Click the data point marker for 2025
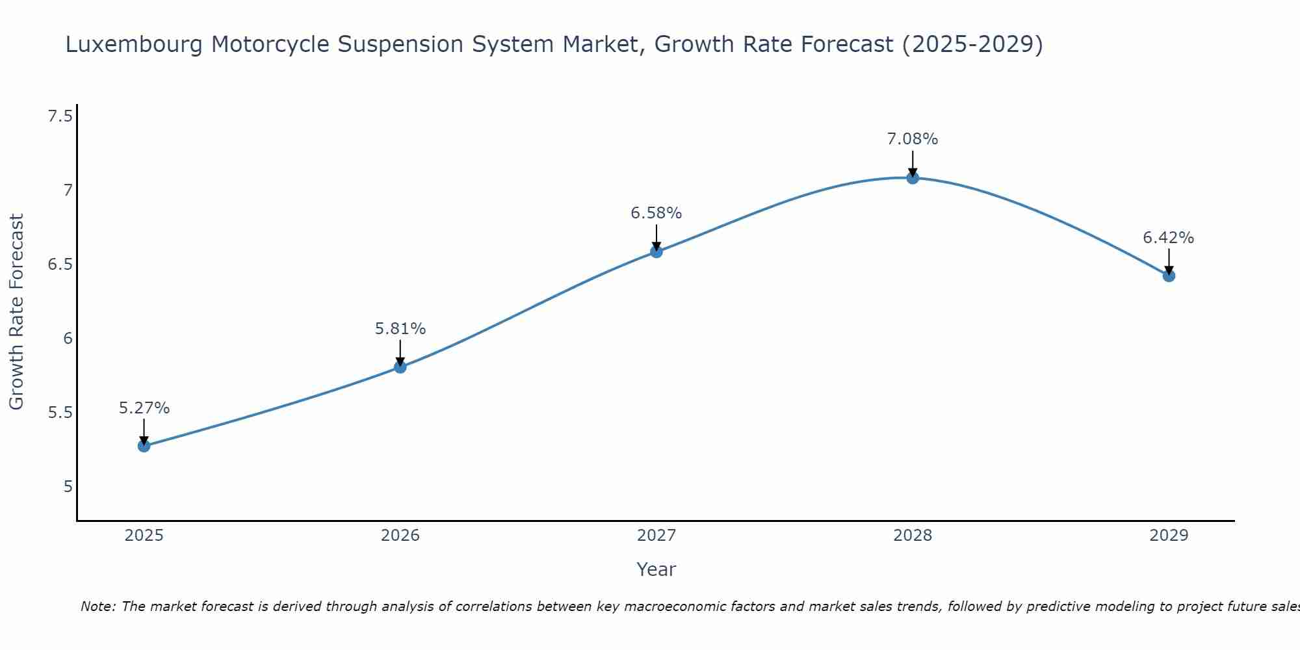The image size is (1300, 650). (144, 446)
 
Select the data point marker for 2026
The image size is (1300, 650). (400, 367)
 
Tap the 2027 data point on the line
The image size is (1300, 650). (656, 252)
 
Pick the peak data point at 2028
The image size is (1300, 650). (913, 178)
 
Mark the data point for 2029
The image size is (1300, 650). (1169, 276)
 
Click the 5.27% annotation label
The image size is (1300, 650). (144, 408)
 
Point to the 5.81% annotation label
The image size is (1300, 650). (400, 329)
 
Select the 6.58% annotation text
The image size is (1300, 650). (656, 213)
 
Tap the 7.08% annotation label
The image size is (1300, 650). (913, 139)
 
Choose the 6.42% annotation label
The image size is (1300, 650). (1168, 238)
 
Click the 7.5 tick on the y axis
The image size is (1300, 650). (60, 116)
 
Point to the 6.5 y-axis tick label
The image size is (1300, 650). (60, 265)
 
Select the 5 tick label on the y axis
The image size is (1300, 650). (68, 486)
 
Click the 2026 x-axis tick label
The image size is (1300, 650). (400, 536)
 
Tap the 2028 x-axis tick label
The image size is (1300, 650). (913, 536)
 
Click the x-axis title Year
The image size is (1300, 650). (656, 569)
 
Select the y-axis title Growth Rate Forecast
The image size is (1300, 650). (16, 312)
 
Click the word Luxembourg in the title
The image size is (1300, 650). (134, 45)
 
